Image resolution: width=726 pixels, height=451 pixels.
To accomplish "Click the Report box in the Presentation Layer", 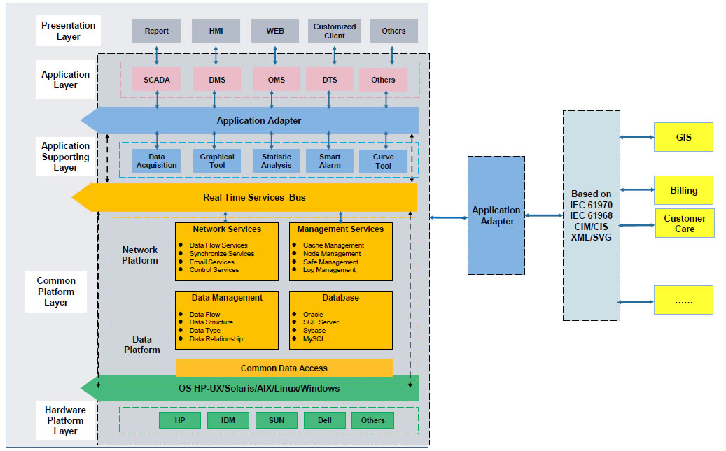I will (x=156, y=31).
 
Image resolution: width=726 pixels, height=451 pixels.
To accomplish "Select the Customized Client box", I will (x=334, y=31).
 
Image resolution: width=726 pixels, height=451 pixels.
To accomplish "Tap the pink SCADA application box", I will (x=157, y=80).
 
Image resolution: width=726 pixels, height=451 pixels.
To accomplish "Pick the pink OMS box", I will (x=276, y=80).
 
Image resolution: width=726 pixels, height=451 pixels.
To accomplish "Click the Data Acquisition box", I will (x=157, y=161).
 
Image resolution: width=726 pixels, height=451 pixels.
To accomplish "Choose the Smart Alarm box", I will (x=330, y=161).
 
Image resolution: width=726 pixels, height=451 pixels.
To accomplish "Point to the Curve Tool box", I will (x=383, y=161).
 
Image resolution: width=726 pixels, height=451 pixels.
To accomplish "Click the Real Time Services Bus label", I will (x=254, y=198).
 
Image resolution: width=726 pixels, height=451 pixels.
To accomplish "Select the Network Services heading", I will (x=227, y=229).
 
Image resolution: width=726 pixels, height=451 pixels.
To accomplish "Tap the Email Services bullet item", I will (x=211, y=262).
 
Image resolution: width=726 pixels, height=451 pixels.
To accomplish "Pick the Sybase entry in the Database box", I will (x=314, y=331).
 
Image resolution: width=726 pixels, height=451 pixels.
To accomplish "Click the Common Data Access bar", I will (x=284, y=368).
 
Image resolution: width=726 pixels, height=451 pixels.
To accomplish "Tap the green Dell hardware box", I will (x=324, y=420).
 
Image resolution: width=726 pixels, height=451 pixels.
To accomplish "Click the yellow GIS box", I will (x=683, y=137).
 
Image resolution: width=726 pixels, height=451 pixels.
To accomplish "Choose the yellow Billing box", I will (x=683, y=190).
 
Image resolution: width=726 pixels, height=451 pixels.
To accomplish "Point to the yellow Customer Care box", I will (x=685, y=224).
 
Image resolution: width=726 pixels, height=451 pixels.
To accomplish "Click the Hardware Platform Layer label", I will (x=65, y=420).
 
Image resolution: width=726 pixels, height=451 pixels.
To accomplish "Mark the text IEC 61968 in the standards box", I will (x=591, y=217).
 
